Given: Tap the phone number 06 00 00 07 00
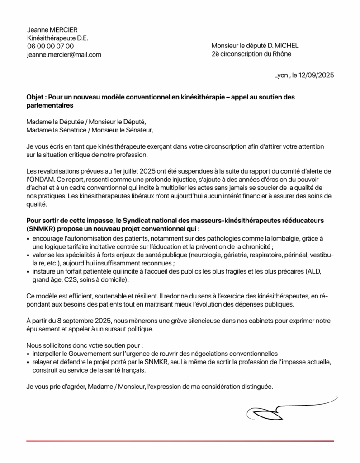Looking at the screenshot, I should tap(50, 46).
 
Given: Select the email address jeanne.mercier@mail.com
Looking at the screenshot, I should tap(64, 55).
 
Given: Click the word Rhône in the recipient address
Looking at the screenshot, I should tap(282, 54).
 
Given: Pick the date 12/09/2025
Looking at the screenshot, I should tap(315, 76).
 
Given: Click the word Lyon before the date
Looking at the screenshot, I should tap(280, 76).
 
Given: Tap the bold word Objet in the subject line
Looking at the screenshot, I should tap(35, 97).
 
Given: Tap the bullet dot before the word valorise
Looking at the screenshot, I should tap(28, 255).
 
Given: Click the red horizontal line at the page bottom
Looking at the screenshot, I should tap(180, 441).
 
